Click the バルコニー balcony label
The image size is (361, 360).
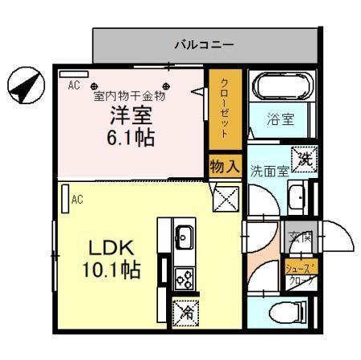tap(205, 45)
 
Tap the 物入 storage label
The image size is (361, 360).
tap(225, 166)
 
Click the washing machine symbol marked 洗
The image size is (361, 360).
tap(304, 158)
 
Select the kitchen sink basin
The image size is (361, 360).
tap(183, 237)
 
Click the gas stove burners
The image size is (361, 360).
tap(184, 278)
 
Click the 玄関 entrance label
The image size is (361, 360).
tap(300, 238)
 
